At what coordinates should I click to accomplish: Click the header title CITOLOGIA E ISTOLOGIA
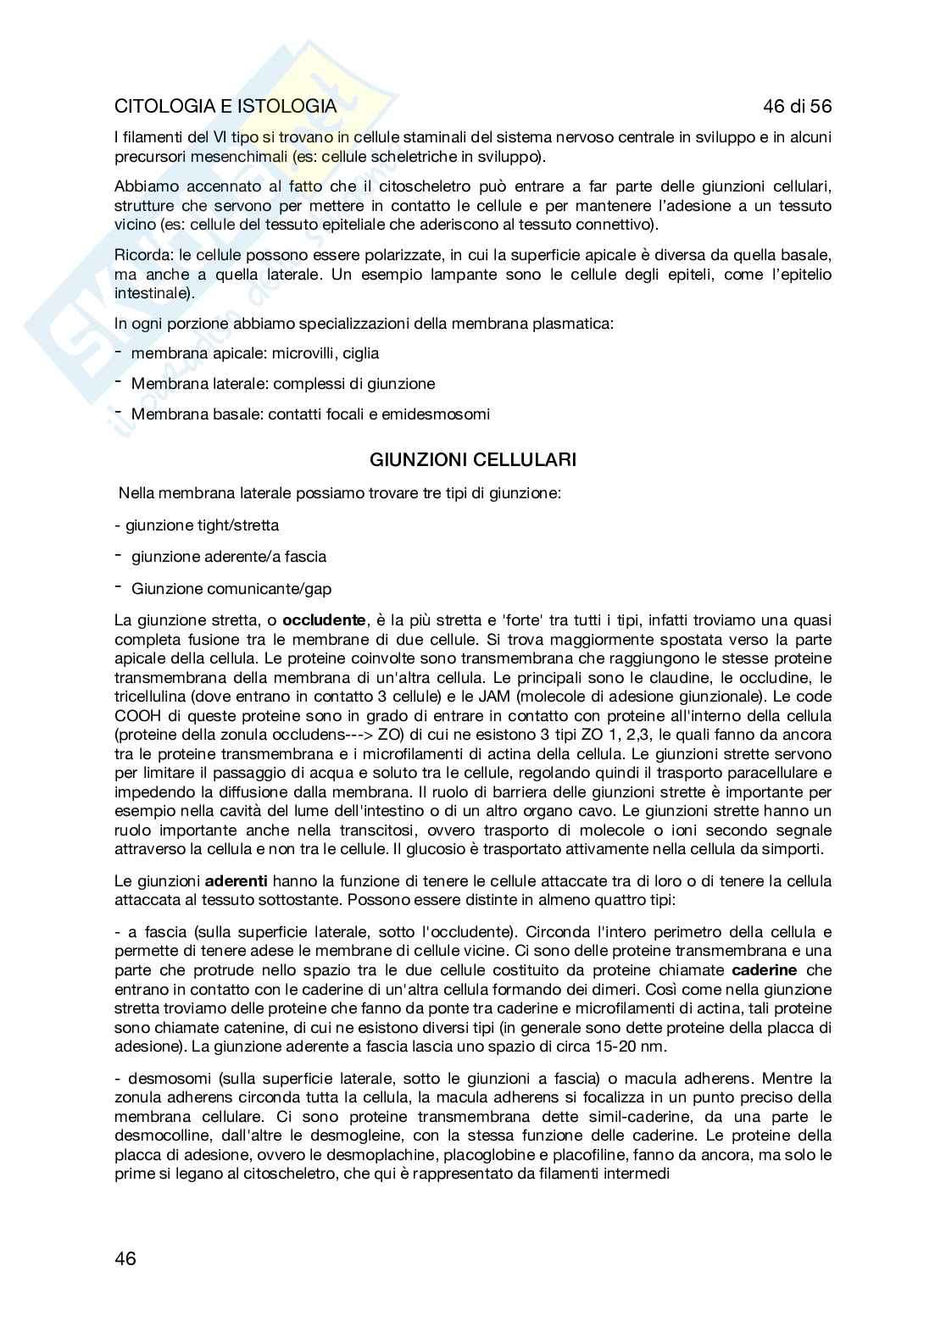(x=225, y=107)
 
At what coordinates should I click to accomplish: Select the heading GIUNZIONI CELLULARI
(x=473, y=460)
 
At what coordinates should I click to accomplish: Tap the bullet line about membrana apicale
(x=254, y=353)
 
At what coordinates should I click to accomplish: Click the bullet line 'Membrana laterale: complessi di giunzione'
(x=282, y=384)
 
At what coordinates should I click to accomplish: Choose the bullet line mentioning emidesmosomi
(x=310, y=414)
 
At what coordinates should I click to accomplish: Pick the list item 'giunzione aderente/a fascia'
(x=228, y=557)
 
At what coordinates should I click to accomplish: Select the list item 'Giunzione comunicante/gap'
(x=231, y=588)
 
